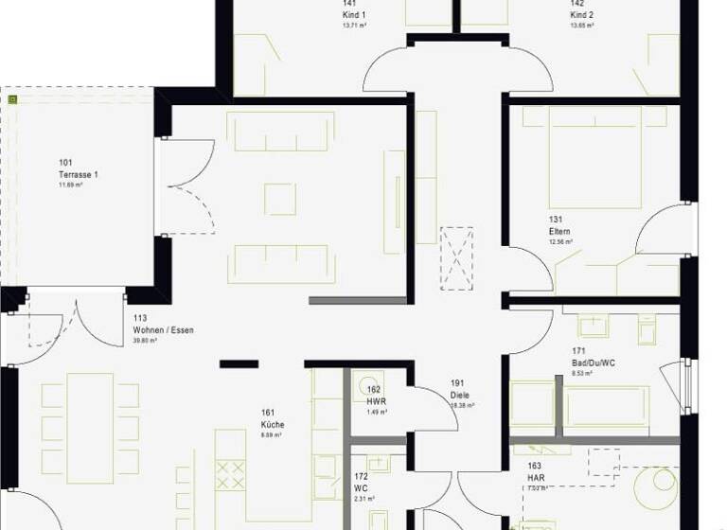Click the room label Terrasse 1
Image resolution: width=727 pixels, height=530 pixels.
tap(79, 174)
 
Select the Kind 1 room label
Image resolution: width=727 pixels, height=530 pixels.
tap(354, 15)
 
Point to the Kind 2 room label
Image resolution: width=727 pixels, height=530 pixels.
tap(581, 15)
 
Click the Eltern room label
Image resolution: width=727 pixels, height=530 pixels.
tap(559, 231)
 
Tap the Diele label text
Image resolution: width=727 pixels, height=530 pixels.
tap(460, 396)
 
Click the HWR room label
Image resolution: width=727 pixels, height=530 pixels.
tap(376, 401)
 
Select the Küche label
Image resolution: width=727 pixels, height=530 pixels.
tap(273, 425)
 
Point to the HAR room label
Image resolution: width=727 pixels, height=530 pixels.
tap(537, 477)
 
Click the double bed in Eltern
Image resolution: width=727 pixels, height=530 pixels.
tap(594, 157)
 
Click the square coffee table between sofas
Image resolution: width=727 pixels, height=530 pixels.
tap(280, 198)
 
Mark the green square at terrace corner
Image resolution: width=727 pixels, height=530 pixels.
tap(12, 98)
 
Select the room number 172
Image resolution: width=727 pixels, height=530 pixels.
tap(361, 476)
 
